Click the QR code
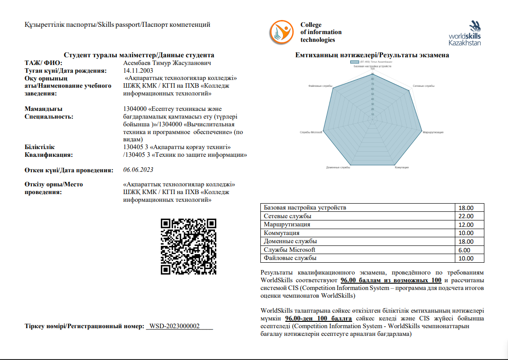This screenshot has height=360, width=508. [189, 247]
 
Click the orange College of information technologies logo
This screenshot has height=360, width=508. [282, 32]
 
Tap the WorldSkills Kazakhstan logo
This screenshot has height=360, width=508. [464, 33]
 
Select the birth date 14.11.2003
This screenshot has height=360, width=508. [138, 70]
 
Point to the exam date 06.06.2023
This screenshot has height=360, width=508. [138, 170]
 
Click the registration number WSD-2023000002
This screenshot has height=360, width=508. [174, 326]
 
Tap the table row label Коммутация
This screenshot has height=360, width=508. [281, 233]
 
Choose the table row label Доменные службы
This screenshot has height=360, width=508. [290, 241]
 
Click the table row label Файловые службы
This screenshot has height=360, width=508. [290, 258]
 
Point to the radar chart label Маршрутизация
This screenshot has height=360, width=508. [433, 132]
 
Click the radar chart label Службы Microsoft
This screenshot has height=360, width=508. [311, 132]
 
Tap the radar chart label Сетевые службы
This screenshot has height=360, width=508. [423, 86]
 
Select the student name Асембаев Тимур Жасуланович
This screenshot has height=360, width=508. [167, 63]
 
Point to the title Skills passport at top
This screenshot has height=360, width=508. [117, 25]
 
